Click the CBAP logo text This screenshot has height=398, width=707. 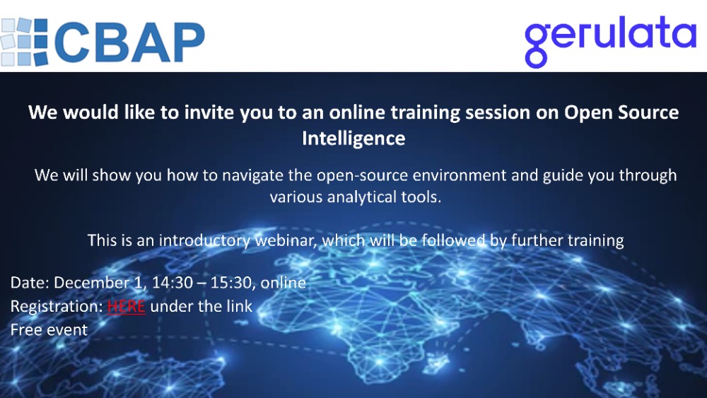(130, 42)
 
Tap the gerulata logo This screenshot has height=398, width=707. (610, 37)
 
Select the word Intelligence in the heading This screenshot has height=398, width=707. (353, 138)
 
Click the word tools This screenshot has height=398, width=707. (421, 197)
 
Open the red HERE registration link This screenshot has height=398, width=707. (126, 306)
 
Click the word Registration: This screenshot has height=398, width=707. (56, 306)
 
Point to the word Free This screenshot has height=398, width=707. (26, 329)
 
